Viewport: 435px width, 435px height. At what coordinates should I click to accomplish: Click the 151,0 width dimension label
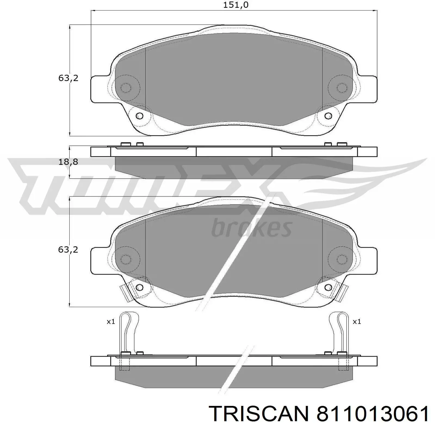click(x=236, y=5)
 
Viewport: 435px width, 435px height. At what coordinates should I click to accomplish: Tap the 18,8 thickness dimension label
click(x=68, y=162)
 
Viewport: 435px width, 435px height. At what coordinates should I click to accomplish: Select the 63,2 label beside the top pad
click(x=68, y=78)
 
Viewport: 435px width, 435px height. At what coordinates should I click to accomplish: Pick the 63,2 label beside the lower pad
click(x=68, y=250)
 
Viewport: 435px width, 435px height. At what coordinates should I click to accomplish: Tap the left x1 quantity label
click(x=111, y=322)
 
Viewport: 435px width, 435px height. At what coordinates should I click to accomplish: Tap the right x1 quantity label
click(x=357, y=322)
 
